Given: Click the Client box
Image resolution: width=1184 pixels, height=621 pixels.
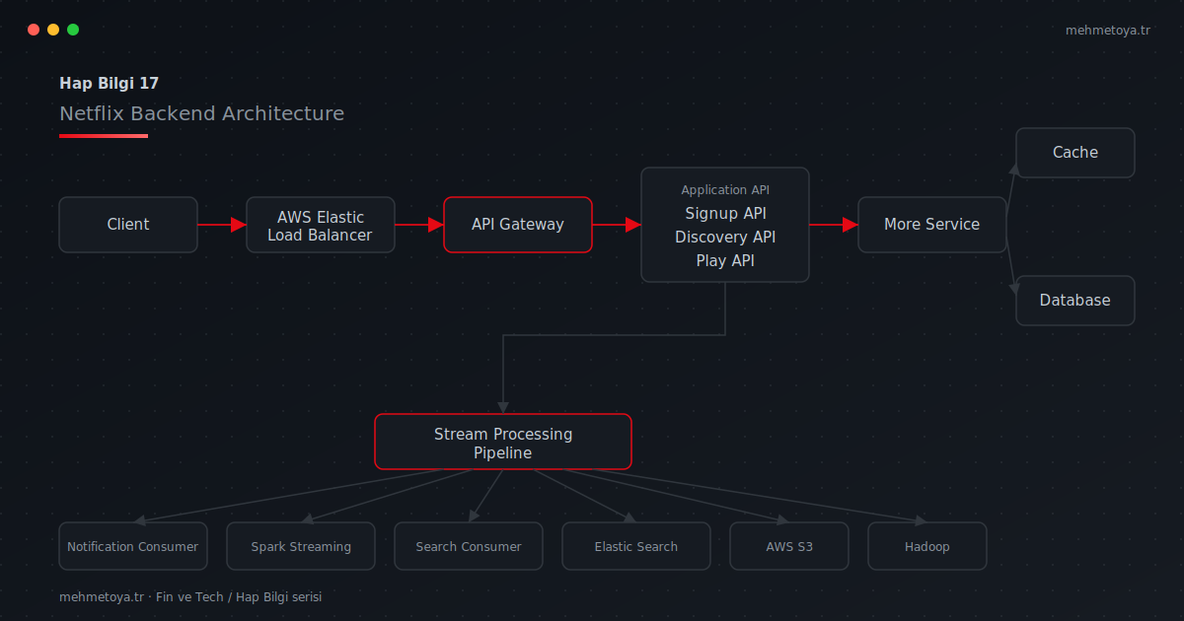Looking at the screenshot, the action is tap(128, 225).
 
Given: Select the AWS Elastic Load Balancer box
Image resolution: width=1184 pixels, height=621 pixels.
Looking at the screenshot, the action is tap(321, 225).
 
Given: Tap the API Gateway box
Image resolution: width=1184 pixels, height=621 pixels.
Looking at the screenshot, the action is tap(518, 225).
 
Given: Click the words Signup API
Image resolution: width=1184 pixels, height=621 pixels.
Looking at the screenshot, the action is tap(725, 213).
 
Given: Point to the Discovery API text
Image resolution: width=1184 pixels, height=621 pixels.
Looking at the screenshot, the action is tap(725, 238).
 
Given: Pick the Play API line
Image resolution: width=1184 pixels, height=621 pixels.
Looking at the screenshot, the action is tap(725, 261).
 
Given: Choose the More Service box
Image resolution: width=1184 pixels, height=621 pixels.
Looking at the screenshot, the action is tap(931, 225).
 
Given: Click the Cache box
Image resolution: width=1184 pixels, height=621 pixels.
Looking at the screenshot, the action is tap(1075, 153).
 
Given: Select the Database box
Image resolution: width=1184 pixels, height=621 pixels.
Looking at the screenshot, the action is tap(1075, 301).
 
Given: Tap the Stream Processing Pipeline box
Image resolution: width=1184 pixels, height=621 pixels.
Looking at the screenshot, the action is tap(503, 442).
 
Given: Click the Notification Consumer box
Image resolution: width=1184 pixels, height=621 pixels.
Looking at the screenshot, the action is tap(133, 546).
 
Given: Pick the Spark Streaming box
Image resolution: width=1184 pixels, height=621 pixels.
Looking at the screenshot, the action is tap(301, 546).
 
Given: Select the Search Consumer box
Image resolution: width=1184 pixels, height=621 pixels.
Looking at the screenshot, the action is tap(469, 546).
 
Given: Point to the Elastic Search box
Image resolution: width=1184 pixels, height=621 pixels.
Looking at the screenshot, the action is tap(635, 546).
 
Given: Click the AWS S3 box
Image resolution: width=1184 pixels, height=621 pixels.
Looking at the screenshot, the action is tap(789, 546).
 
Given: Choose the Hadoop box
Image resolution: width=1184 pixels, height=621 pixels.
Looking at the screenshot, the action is tap(927, 546).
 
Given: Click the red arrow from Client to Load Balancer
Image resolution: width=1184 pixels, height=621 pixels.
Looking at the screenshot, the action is tap(222, 225).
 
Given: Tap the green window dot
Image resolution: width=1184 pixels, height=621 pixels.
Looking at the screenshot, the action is tap(73, 30).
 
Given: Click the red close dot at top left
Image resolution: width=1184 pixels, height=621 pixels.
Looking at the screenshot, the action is tap(34, 30).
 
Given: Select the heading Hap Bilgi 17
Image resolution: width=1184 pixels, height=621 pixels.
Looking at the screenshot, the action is tap(109, 84).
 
